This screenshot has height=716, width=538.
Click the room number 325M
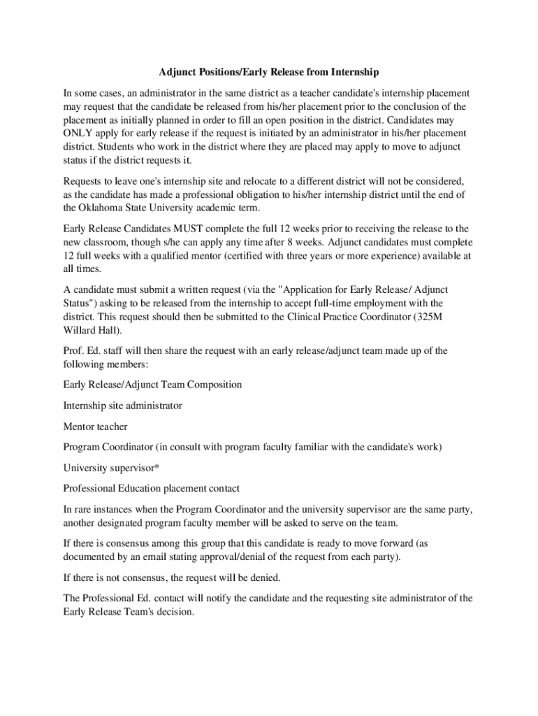pyautogui.click(x=434, y=316)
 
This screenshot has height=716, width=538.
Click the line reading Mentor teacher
pyautogui.click(x=95, y=426)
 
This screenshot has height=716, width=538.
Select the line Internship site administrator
pyautogui.click(x=122, y=405)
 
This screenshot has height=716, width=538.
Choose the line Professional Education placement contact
pyautogui.click(x=151, y=488)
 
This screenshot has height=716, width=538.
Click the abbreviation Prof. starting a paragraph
pyautogui.click(x=73, y=350)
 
